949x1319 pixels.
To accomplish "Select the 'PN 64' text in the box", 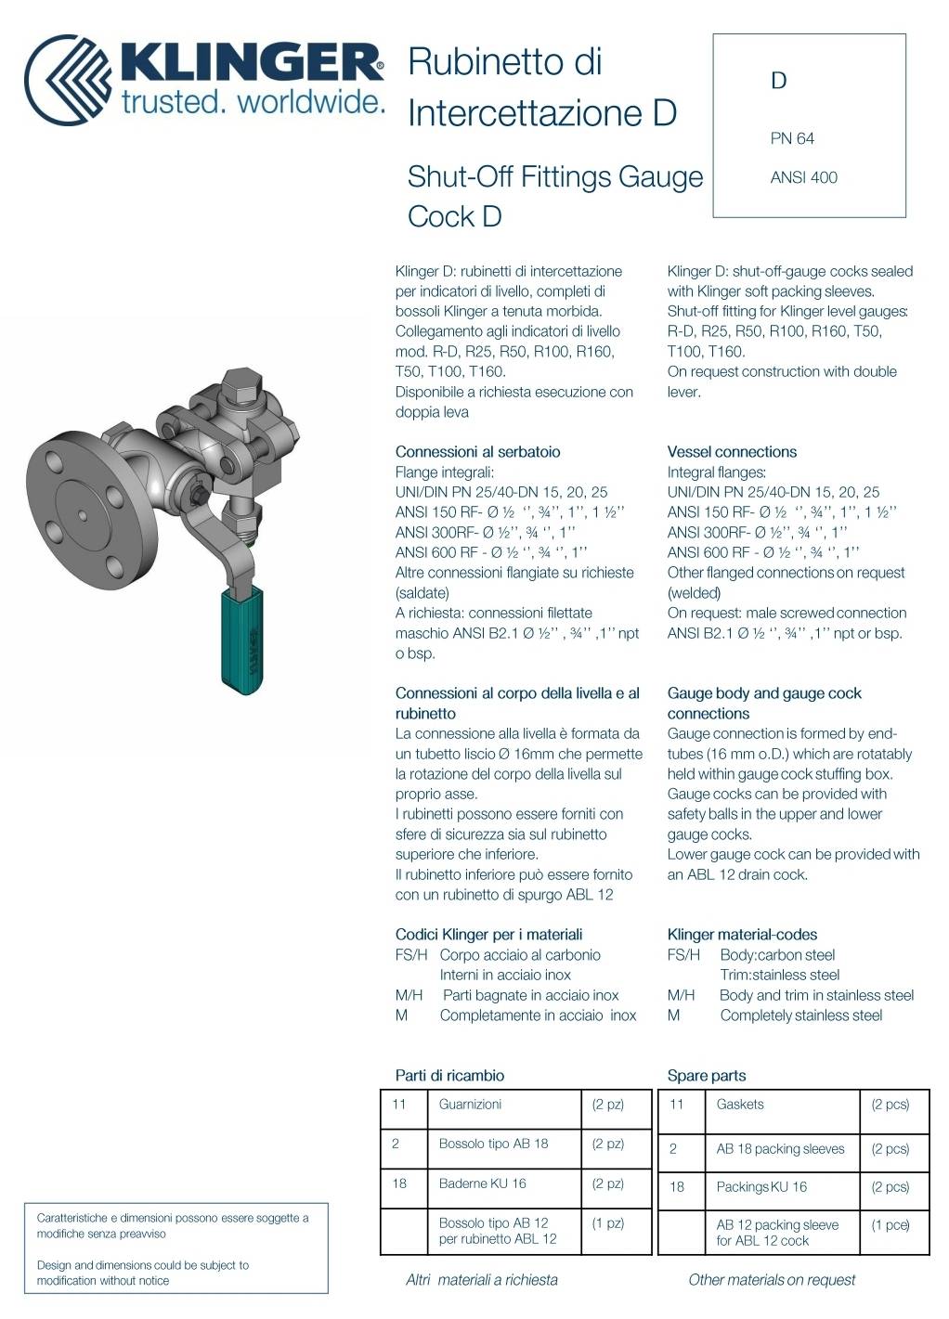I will coord(792,138).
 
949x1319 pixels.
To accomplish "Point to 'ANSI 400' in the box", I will coord(803,177).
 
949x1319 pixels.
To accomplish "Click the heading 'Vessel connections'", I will coord(732,452).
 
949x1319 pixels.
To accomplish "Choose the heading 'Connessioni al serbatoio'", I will coord(477,452).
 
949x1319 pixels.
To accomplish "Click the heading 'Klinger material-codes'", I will coord(742,935).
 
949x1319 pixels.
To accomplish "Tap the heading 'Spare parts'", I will coord(706,1076).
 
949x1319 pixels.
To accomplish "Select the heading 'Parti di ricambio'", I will coord(449,1076).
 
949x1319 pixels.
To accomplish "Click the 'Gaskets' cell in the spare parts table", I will coord(740,1105).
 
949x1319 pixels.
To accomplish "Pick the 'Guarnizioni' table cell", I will coord(470,1105).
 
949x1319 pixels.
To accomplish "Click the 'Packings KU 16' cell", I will coord(761,1187).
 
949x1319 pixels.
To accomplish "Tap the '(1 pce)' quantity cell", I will coord(890,1225).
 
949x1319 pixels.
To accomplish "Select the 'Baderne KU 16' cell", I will coord(482,1183).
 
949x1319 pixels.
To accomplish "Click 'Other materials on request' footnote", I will coord(772,1280).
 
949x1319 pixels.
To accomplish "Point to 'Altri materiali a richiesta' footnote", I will coord(482,1280).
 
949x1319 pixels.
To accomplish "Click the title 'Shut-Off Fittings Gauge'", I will coord(555,176).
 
